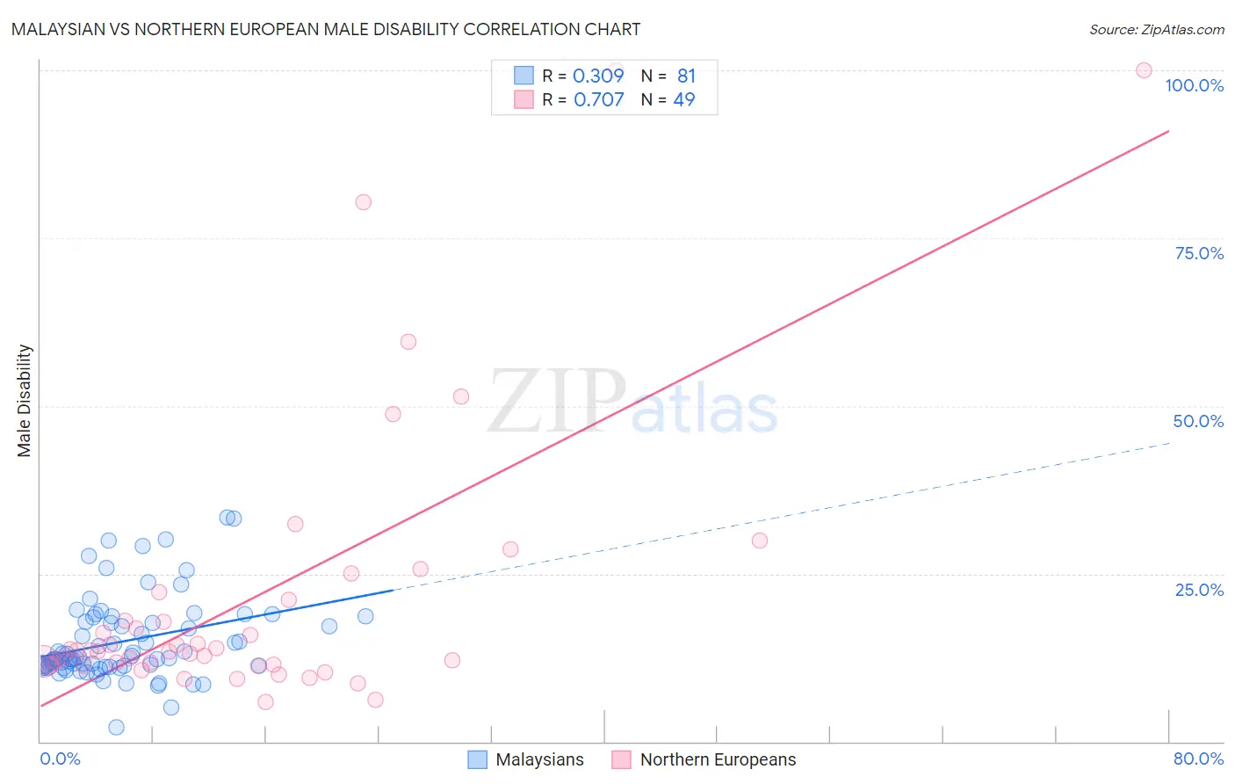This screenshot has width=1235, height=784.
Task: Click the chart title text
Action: point(326,29)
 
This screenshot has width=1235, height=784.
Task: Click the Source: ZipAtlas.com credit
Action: point(1156,29)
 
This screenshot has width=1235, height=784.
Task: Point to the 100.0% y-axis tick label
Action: point(1194,85)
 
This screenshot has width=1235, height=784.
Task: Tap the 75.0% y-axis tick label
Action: point(1199,253)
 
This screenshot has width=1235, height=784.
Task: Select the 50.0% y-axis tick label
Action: point(1198,421)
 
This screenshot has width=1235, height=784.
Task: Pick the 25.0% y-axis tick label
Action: point(1199,590)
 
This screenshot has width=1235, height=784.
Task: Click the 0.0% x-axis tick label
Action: point(60,759)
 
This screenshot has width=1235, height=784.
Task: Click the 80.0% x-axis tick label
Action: point(1198,759)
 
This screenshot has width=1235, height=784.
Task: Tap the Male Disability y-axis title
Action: point(25,400)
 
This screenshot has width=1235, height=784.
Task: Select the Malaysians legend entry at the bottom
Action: point(526,759)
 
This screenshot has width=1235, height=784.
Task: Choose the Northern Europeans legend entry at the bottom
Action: point(704,759)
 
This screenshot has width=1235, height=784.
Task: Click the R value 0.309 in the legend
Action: point(598,76)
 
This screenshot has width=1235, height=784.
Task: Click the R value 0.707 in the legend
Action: point(598,100)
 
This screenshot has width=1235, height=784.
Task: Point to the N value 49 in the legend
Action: point(684,100)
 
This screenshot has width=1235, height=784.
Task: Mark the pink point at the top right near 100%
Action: point(1144,70)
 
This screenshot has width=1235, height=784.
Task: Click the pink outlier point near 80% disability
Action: point(363,202)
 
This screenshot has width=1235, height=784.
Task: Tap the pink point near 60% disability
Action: point(408,342)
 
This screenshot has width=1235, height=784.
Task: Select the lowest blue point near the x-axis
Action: point(116,727)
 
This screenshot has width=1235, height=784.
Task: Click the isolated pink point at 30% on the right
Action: point(760,541)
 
